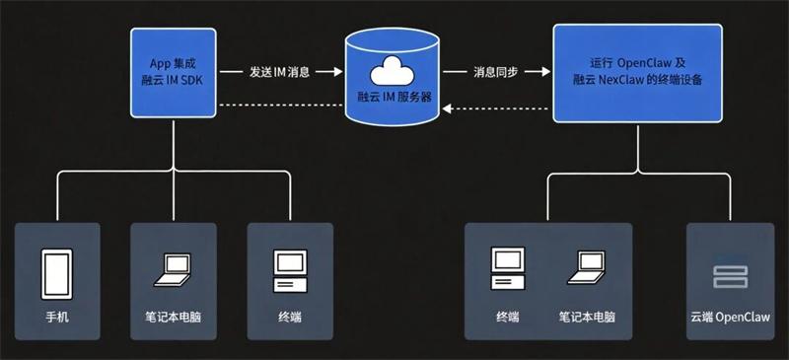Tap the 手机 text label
[56, 318]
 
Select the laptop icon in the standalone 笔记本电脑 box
[174, 269]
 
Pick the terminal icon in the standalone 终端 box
[290, 269]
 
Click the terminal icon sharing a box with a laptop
[508, 267]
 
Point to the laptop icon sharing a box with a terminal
[587, 267]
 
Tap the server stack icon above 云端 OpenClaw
[729, 276]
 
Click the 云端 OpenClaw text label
[730, 318]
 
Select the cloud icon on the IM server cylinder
[392, 72]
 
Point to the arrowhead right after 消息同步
[540, 72]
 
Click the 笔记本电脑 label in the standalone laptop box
[173, 318]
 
